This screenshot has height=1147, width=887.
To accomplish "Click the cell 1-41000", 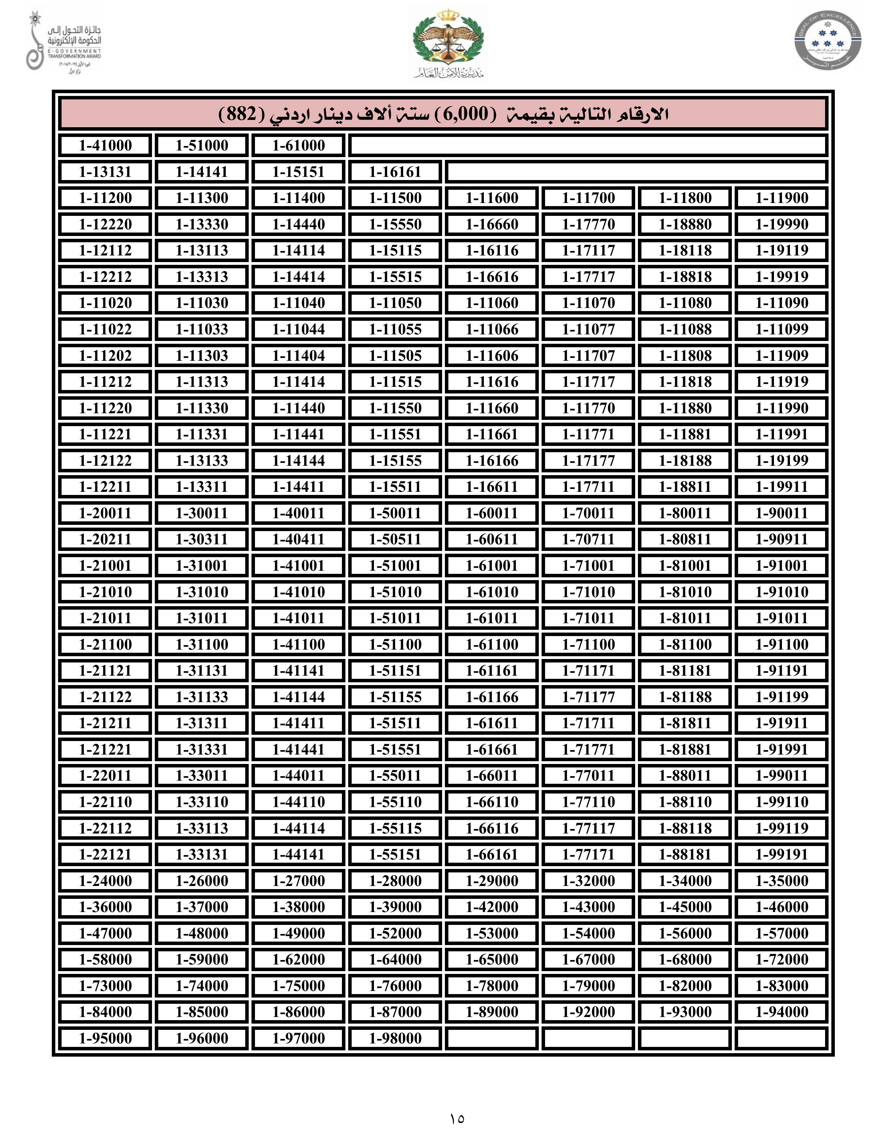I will point(105,146).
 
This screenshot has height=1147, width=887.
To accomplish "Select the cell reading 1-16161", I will point(395,172).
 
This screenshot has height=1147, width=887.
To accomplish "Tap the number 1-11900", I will point(781,198).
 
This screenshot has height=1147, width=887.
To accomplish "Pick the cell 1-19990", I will point(781,224).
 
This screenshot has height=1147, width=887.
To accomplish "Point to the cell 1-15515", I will point(395,277).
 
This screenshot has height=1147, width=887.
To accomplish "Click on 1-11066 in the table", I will point(492,329).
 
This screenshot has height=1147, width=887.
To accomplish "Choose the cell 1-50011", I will point(395,513).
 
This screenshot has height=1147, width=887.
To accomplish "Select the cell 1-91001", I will point(781,566).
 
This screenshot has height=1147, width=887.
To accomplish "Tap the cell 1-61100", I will point(492,644).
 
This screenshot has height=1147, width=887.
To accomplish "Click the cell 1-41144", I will point(298,697).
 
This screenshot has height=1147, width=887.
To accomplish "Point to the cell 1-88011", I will point(685,776).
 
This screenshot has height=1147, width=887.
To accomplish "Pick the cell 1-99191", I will point(781,854).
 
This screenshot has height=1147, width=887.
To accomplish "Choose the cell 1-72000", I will point(781,960).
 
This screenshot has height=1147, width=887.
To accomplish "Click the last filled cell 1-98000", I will point(395,1038).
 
